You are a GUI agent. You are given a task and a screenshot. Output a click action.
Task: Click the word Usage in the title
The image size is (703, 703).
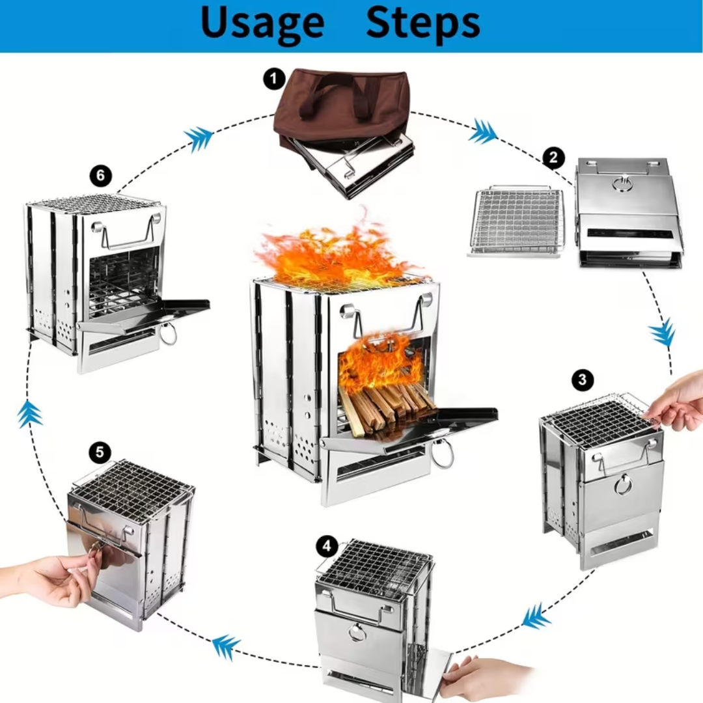tap(262, 23)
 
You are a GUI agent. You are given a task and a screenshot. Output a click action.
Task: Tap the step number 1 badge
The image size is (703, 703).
tap(274, 79)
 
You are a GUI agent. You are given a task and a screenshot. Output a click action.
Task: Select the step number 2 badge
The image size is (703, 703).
tap(553, 158)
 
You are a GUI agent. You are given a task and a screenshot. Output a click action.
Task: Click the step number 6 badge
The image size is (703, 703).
tap(100, 176)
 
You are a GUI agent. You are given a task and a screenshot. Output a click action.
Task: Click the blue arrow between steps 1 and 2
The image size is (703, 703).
tap(483, 131)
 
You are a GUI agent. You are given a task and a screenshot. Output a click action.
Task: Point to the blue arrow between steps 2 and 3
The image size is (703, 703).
tap(663, 333)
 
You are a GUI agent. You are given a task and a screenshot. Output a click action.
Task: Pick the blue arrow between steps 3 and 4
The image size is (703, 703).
tap(536, 616)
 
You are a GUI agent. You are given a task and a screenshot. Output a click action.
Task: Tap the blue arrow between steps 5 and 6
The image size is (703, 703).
tap(29, 414)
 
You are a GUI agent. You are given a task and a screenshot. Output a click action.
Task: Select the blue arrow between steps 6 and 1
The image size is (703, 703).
tap(199, 137)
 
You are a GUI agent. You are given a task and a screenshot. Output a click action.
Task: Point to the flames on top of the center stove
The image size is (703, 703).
tap(332, 257)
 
